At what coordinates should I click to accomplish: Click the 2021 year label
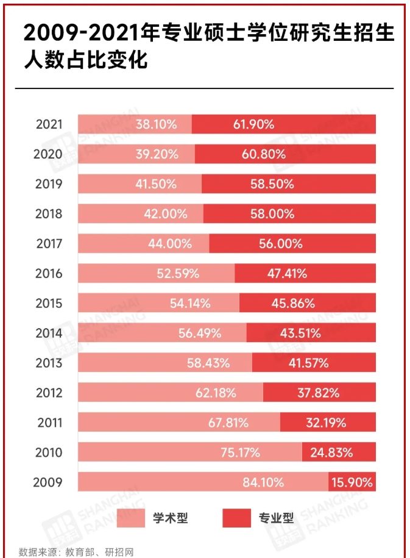point(49,124)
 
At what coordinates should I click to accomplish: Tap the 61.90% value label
point(253,124)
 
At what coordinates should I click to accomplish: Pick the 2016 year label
point(49,273)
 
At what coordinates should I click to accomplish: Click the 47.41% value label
point(287,273)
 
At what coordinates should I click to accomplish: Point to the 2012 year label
point(49,393)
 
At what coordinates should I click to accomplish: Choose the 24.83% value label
point(332,452)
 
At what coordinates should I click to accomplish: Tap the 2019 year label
point(49,184)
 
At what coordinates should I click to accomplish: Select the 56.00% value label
point(281,243)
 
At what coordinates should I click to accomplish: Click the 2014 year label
point(49,333)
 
